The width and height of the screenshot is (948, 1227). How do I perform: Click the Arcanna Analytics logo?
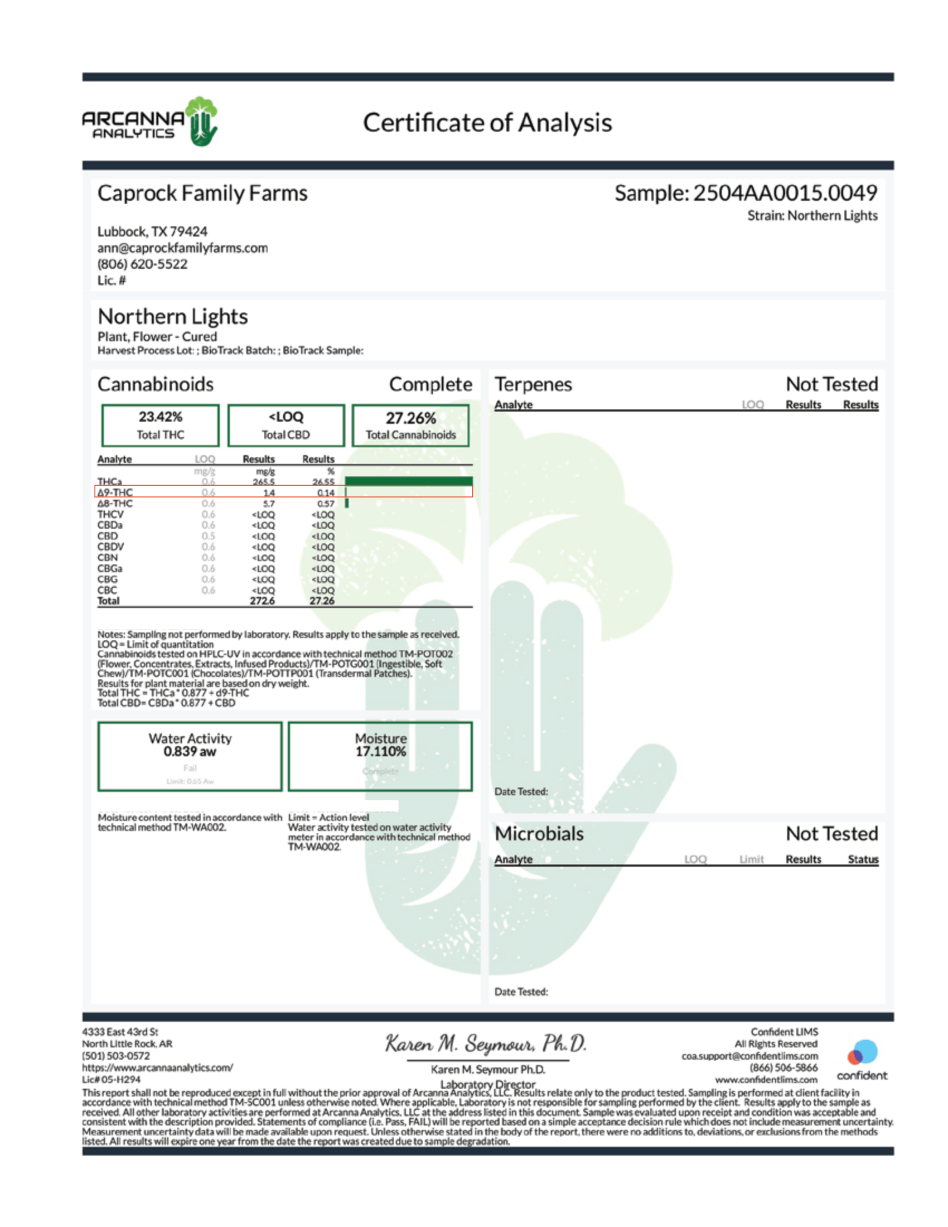tap(150, 122)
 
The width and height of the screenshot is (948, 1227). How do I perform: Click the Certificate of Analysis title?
tap(487, 123)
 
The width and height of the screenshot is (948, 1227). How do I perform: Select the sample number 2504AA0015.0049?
tap(785, 194)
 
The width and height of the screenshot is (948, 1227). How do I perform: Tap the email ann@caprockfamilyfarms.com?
tap(182, 248)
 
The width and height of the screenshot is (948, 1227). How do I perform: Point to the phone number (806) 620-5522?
tap(142, 264)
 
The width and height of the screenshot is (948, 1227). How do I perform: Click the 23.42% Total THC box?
tap(161, 426)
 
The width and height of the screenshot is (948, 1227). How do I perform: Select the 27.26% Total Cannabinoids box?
tap(410, 426)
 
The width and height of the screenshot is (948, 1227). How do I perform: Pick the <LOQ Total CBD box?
tap(286, 426)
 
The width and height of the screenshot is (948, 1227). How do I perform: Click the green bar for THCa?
tap(408, 481)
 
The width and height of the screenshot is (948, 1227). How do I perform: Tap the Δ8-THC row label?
tap(115, 504)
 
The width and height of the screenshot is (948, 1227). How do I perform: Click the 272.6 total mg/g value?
tap(262, 601)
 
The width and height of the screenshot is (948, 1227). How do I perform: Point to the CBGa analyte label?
tap(109, 568)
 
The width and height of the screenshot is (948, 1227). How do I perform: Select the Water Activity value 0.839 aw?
tap(190, 751)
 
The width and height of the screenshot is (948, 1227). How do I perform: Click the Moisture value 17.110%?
tap(380, 751)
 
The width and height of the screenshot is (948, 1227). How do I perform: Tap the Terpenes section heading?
tap(533, 384)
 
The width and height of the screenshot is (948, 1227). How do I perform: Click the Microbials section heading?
tap(539, 834)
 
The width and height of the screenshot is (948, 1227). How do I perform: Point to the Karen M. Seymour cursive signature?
tap(486, 1044)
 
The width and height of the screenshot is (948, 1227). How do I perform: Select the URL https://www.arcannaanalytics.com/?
tap(157, 1067)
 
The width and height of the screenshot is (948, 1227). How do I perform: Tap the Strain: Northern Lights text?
tap(812, 216)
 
